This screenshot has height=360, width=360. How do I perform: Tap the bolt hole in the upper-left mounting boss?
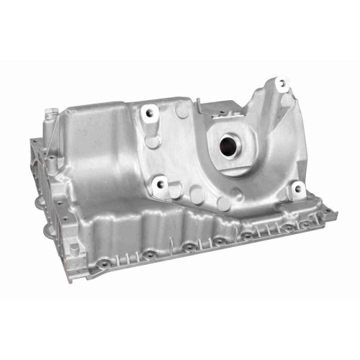click(x=150, y=112)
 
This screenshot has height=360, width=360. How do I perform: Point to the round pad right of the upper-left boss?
click(x=181, y=109)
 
